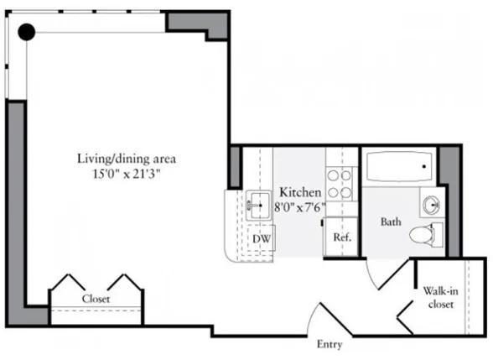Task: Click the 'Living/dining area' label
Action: click(126, 158)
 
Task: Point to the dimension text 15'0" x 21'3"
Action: click(126, 174)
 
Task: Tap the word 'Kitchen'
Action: click(300, 192)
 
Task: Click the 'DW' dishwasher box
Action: click(261, 237)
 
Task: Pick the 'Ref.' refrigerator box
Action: click(342, 237)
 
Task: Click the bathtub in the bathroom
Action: click(399, 167)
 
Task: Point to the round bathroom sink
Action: click(432, 204)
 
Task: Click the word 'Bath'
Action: click(391, 222)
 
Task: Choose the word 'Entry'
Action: click(330, 344)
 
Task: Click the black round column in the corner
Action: click(27, 32)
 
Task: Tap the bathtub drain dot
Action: click(424, 166)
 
